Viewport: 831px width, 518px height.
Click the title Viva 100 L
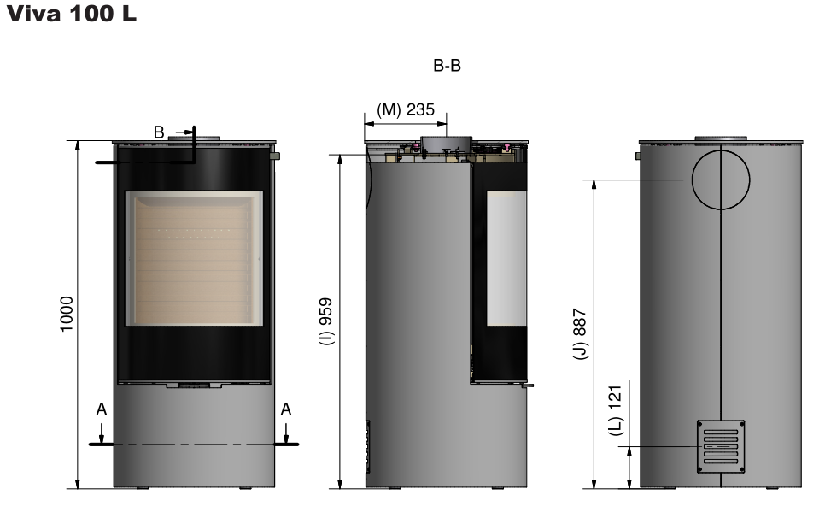tap(72, 14)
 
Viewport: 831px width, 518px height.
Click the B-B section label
tap(447, 66)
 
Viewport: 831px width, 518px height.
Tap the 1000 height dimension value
tap(67, 315)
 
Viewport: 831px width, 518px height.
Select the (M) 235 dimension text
tap(406, 109)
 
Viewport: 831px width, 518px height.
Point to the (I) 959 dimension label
tap(326, 321)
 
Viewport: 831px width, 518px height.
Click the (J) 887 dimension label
tap(580, 334)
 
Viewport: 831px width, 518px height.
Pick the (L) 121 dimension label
tap(615, 411)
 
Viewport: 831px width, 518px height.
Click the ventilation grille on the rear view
tap(721, 446)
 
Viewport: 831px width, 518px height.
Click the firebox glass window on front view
tap(194, 259)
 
